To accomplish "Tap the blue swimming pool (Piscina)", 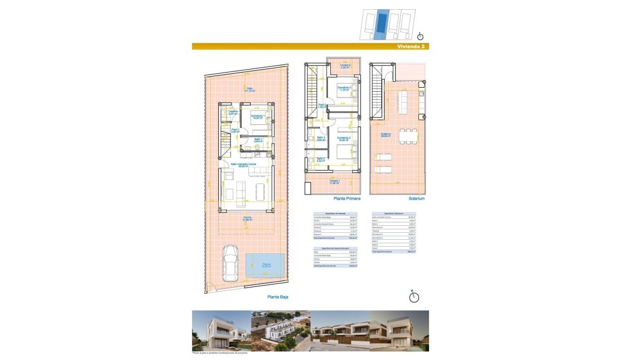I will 266,265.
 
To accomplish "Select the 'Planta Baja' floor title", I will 277,296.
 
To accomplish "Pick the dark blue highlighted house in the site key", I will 381,23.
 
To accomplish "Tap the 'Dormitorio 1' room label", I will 258,116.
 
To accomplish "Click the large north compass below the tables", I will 414,296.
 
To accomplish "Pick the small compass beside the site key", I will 421,36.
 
